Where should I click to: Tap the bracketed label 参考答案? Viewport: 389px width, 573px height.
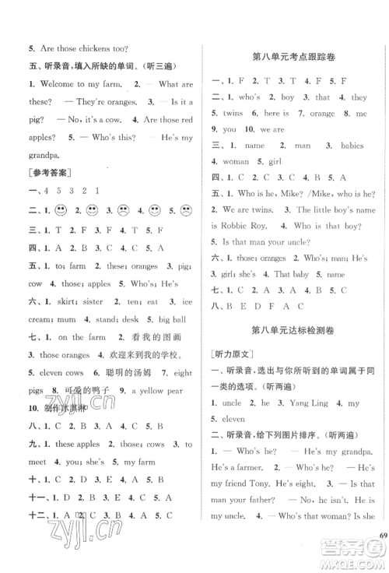(x=49, y=170)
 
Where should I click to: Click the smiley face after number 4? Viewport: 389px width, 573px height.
(x=156, y=209)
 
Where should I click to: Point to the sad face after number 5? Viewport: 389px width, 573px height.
(x=187, y=209)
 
